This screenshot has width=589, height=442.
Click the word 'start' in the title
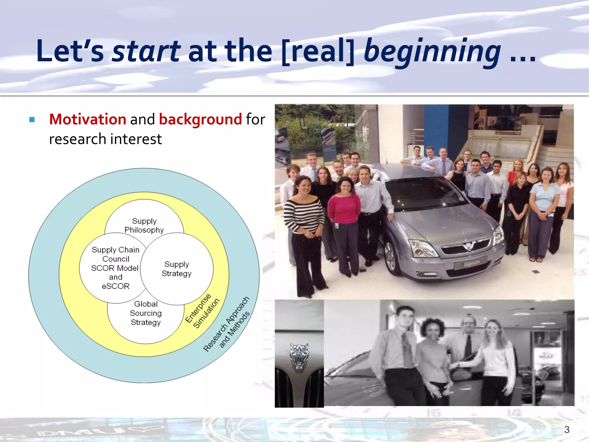146,51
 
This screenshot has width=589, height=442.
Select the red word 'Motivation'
88,119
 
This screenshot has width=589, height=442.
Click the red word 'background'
200,119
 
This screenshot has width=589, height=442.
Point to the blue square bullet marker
32,119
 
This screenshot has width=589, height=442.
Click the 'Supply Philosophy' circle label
144,225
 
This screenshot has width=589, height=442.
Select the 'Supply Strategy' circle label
177,269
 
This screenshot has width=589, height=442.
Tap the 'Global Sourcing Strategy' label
146,313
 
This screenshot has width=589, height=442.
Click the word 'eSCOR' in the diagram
116,286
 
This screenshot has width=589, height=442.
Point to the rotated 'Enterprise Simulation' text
202,311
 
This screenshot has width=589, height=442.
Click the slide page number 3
567,429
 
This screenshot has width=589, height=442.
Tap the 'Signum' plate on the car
471,263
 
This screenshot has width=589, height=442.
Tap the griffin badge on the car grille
468,246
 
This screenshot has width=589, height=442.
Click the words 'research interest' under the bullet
105,139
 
